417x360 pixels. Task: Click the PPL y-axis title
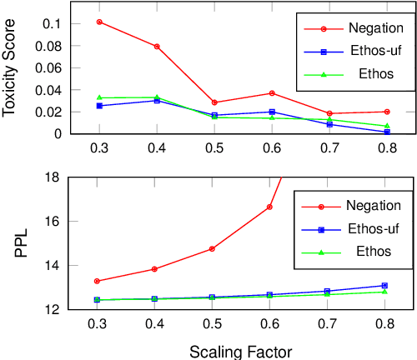tap(22, 243)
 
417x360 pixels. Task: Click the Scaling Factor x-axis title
tap(240, 351)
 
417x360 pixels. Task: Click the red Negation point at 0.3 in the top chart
tap(99, 22)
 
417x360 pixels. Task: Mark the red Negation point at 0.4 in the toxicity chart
tap(157, 47)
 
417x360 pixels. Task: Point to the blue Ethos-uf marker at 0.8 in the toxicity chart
tap(387, 132)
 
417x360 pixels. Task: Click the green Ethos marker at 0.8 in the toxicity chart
tap(387, 126)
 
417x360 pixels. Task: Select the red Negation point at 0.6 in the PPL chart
tap(269, 207)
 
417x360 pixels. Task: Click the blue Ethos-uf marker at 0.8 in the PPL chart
tap(384, 285)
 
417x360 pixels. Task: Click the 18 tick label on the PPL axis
tap(52, 177)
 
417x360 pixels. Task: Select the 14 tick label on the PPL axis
tap(52, 266)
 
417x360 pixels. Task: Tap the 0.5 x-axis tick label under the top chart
tap(214, 148)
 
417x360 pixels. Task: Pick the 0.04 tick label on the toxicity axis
tap(47, 89)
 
